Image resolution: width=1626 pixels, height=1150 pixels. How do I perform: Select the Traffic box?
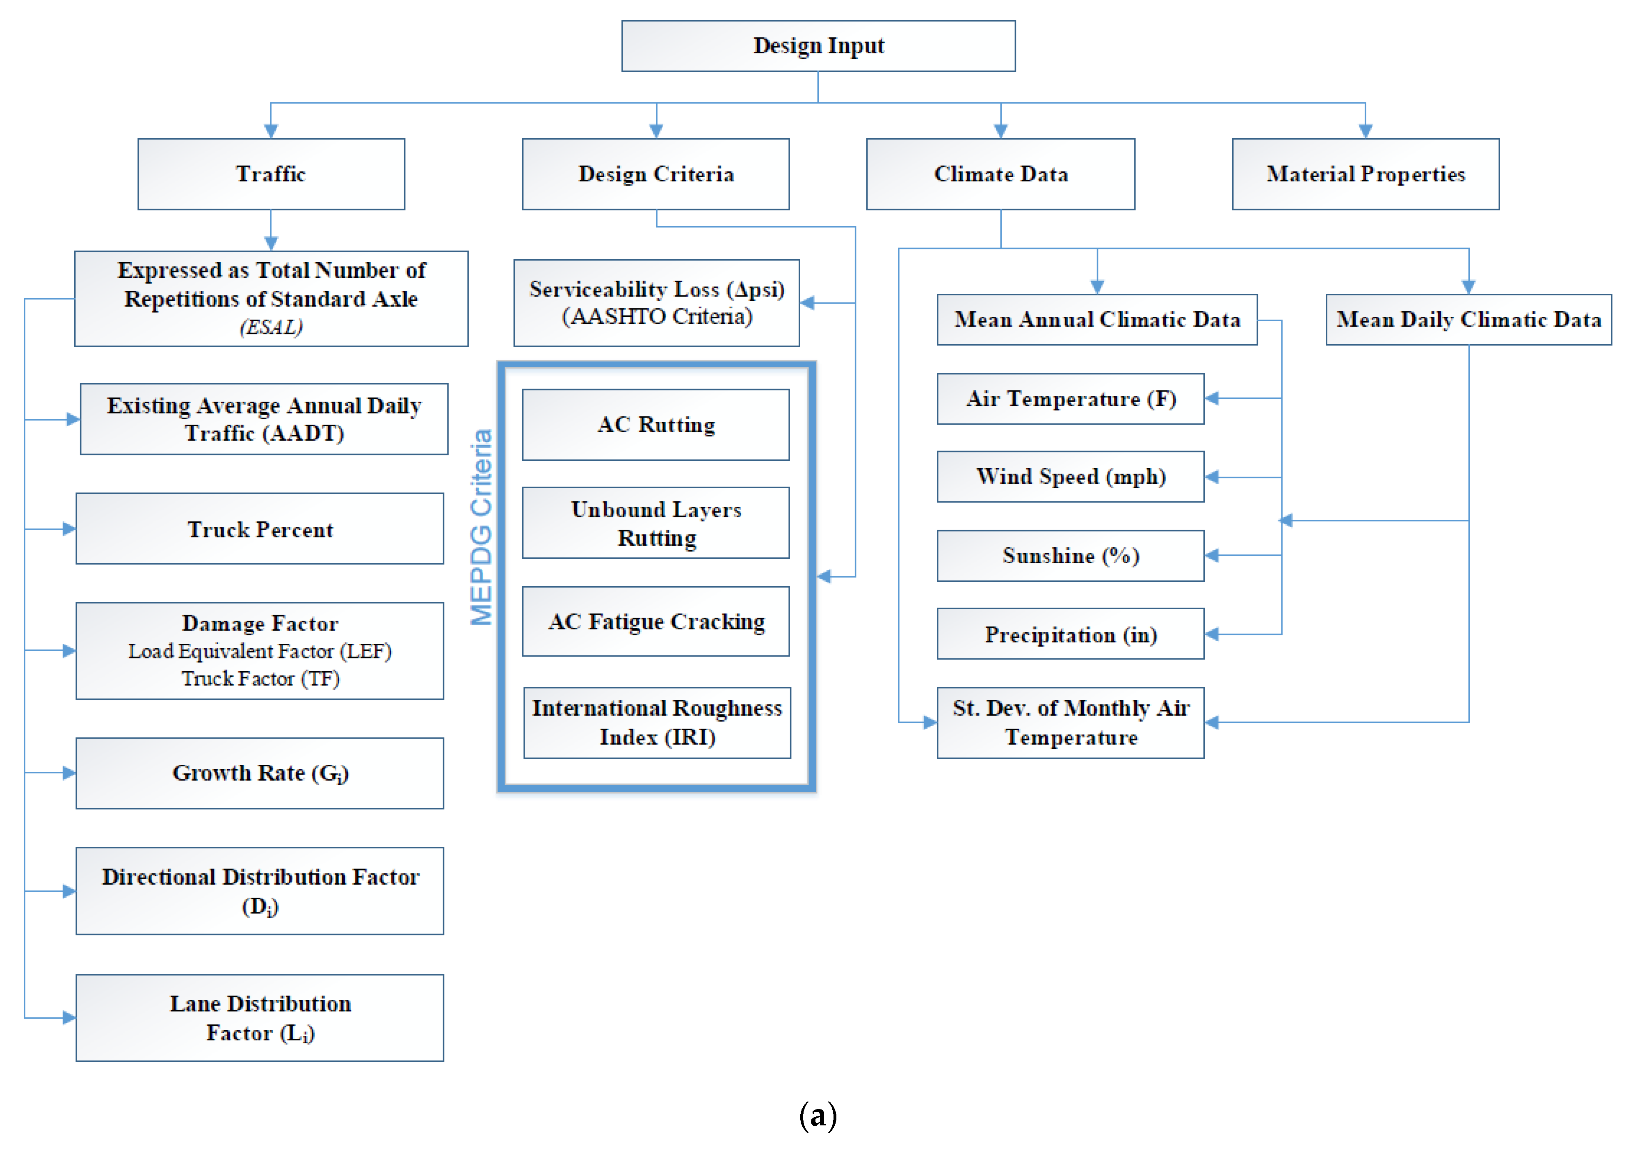pos(271,174)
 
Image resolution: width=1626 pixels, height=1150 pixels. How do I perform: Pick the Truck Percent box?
pos(260,529)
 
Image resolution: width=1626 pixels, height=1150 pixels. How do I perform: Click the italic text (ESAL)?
pos(271,327)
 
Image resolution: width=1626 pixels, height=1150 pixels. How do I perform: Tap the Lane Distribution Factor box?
pos(260,1017)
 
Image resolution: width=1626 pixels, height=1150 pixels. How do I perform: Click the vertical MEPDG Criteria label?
pos(482,528)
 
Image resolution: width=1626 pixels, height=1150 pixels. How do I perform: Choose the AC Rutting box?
pos(656,425)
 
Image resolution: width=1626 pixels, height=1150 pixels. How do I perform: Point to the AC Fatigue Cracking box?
pos(656,622)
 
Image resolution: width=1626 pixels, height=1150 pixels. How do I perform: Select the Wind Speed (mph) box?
pos(1070,477)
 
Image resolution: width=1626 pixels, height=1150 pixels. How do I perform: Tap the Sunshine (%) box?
pos(1070,556)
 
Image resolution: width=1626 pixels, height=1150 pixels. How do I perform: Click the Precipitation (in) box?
pos(1070,634)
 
